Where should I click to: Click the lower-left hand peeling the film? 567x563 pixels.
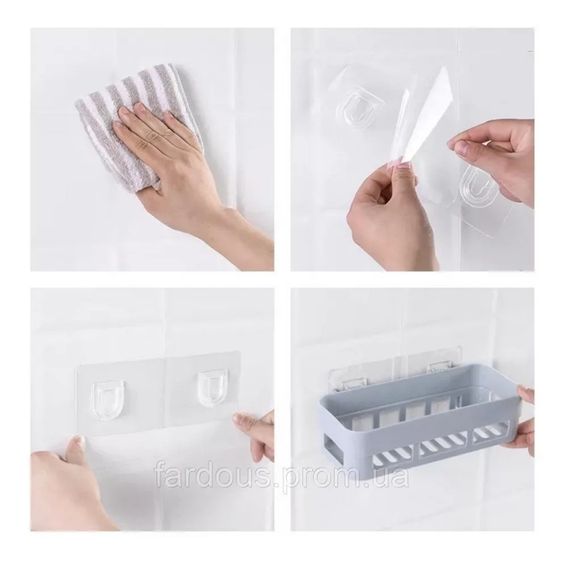[x=391, y=210]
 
